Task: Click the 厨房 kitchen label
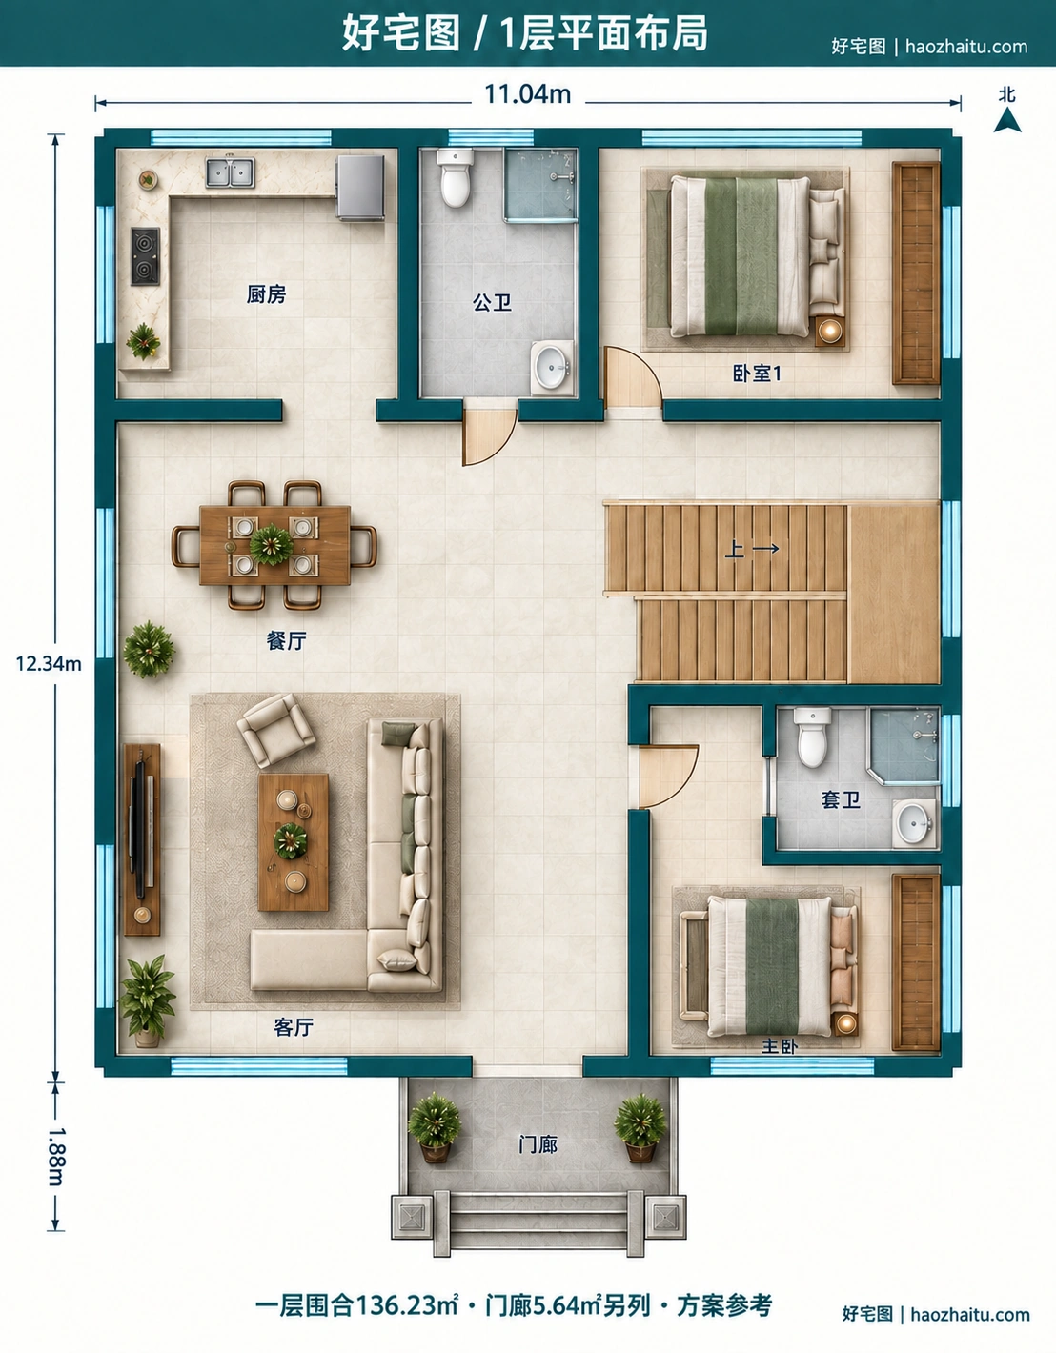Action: point(267,293)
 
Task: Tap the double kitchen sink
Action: point(231,172)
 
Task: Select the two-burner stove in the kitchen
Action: point(145,256)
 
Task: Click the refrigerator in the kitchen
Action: point(360,188)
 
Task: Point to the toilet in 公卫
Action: point(454,178)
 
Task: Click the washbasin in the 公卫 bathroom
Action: point(552,368)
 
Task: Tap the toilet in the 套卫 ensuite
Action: point(813,737)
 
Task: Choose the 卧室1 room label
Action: point(757,374)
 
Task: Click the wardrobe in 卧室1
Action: point(916,273)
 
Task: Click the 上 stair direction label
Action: point(735,549)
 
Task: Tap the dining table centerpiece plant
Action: point(272,545)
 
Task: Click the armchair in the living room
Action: point(275,729)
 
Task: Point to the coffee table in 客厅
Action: point(294,842)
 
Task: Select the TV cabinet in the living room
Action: point(142,839)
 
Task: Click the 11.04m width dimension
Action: point(527,94)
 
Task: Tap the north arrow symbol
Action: point(1006,119)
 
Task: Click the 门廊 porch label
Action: point(538,1144)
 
